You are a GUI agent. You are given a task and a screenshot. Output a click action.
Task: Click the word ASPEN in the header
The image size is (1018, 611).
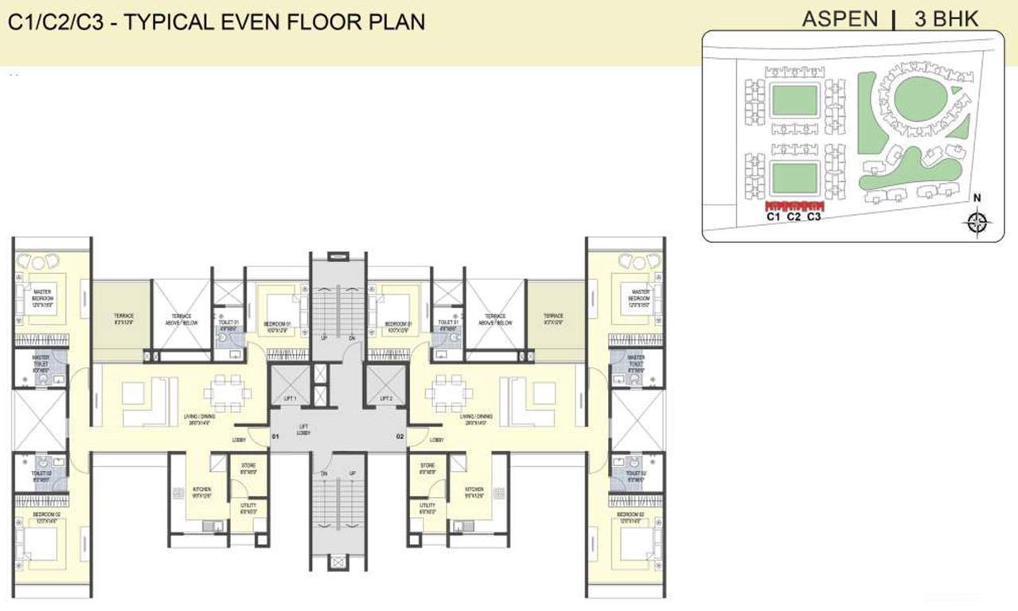coord(840,20)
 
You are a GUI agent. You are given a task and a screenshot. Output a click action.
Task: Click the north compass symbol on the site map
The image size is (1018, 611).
coord(978,221)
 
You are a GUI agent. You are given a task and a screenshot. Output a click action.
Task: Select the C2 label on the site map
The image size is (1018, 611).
coord(793,216)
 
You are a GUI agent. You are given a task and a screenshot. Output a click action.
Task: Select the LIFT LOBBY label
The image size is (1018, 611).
coord(303,430)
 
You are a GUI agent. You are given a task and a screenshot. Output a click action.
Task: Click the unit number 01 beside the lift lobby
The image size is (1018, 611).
coord(275,437)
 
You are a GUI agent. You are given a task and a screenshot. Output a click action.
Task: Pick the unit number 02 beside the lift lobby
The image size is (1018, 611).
coord(400,437)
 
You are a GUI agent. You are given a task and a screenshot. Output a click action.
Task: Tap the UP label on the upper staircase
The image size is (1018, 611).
coord(324,337)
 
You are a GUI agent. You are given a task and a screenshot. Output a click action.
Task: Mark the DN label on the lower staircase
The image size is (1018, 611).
coord(324,473)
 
